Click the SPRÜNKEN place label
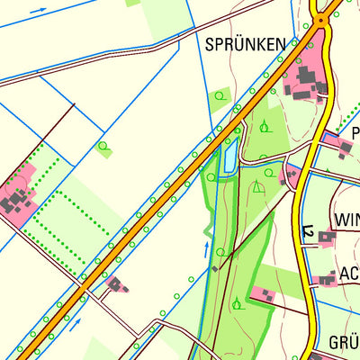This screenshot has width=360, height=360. point(245,43)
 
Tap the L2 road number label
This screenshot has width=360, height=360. point(307,234)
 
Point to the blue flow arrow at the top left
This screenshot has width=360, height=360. point(38,11)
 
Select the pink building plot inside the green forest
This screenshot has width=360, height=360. point(262,294)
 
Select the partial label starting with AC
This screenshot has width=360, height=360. point(349,274)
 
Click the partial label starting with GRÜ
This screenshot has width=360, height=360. point(343,343)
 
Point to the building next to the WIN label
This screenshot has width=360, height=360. point(326,238)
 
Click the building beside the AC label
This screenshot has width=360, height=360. point(326,280)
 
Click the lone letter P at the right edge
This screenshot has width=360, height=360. point(355,133)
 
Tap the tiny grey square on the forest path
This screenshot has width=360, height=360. point(215,267)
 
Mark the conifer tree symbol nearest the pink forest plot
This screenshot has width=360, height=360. point(237,302)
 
